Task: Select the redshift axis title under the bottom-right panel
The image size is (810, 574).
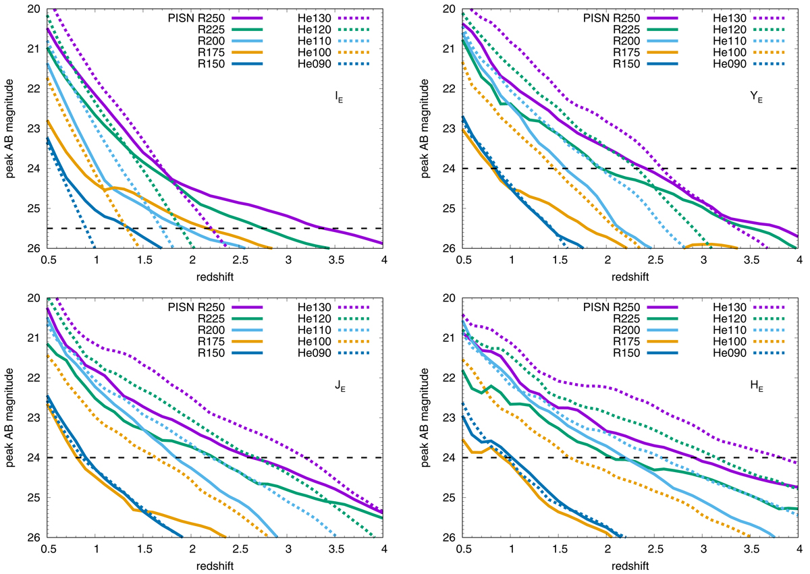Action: (x=630, y=565)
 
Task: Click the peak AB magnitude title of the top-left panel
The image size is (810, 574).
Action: (x=9, y=128)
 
